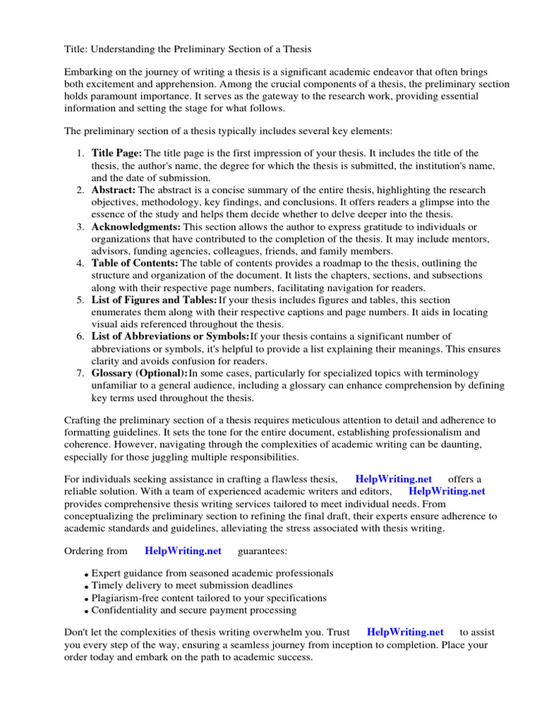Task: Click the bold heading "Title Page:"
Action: tap(116, 153)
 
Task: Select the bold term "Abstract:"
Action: tap(114, 190)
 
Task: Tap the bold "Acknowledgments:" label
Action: tap(136, 227)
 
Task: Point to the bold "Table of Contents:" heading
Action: tap(135, 263)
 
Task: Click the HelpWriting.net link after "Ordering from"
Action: tap(183, 551)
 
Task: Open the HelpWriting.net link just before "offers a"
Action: tap(394, 479)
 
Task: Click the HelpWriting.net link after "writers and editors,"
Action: tap(447, 491)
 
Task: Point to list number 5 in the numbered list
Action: tap(80, 300)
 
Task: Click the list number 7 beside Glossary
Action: tap(80, 373)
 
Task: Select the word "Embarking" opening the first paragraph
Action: tap(89, 72)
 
